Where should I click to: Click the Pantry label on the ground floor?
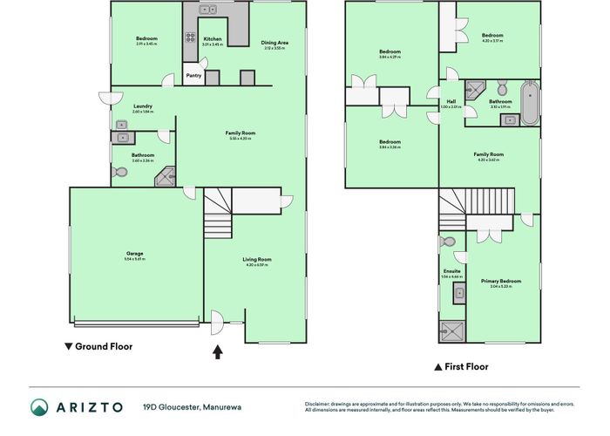pyautogui.click(x=193, y=76)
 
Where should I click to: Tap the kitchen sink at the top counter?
pyautogui.click(x=208, y=10)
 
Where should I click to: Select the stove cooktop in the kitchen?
pyautogui.click(x=189, y=37)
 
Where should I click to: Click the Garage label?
pyautogui.click(x=134, y=254)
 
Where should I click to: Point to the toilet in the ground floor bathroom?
pyautogui.click(x=120, y=173)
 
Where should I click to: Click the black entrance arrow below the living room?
pyautogui.click(x=217, y=352)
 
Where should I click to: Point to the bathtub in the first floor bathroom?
pyautogui.click(x=530, y=103)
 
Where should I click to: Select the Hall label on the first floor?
pyautogui.click(x=451, y=101)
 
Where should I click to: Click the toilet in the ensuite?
pyautogui.click(x=449, y=242)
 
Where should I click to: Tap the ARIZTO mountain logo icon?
pyautogui.click(x=40, y=407)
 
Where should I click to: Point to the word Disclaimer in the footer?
pyautogui.click(x=317, y=403)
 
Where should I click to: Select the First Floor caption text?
pyautogui.click(x=466, y=367)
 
